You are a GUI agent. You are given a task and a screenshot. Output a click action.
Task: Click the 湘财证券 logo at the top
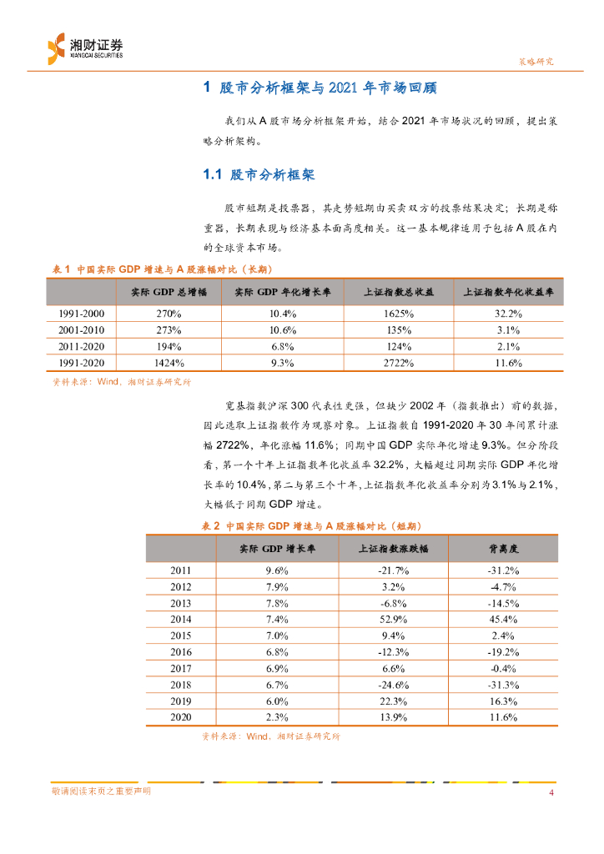[x=84, y=47]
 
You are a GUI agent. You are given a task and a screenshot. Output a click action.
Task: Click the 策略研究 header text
[x=531, y=62]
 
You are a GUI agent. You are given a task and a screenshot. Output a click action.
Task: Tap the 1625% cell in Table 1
[x=400, y=314]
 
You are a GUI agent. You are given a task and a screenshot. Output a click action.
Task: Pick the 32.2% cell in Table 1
[x=509, y=314]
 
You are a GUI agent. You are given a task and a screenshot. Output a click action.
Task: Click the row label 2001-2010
[x=81, y=330]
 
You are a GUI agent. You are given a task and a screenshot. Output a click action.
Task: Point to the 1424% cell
[x=169, y=363]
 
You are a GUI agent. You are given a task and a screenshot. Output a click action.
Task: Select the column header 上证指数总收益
[x=400, y=293]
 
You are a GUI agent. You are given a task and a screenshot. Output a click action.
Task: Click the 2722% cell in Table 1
[x=400, y=363]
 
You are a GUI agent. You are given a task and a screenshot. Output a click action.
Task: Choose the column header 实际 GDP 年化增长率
[x=282, y=293]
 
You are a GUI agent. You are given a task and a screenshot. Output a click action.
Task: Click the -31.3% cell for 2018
[x=504, y=684]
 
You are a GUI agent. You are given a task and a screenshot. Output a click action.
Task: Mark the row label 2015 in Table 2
[x=181, y=635]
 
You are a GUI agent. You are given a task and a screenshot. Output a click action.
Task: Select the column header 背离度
[x=504, y=548]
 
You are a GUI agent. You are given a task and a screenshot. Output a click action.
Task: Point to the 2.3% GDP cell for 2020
[x=277, y=717]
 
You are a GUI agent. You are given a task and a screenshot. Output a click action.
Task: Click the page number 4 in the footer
[x=551, y=791]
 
